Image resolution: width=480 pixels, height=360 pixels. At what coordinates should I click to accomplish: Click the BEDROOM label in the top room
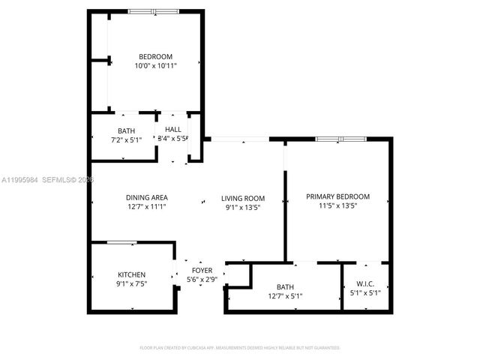pyautogui.click(x=155, y=57)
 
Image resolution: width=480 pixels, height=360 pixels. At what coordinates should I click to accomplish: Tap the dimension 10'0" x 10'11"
pyautogui.click(x=155, y=67)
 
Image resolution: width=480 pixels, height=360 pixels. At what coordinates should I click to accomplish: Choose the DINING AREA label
pyautogui.click(x=146, y=198)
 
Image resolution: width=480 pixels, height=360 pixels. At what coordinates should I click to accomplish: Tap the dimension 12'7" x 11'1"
pyautogui.click(x=146, y=207)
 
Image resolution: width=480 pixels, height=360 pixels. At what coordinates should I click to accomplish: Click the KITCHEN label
pyautogui.click(x=131, y=274)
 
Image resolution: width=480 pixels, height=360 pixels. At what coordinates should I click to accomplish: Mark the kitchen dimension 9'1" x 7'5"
pyautogui.click(x=131, y=283)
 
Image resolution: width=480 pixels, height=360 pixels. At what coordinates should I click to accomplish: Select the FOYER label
pyautogui.click(x=202, y=270)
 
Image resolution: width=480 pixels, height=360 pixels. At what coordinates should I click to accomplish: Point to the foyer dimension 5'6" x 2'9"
pyautogui.click(x=202, y=279)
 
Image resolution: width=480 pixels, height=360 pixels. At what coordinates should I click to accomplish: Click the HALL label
pyautogui.click(x=173, y=129)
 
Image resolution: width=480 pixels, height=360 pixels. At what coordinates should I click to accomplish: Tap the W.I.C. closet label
pyautogui.click(x=365, y=283)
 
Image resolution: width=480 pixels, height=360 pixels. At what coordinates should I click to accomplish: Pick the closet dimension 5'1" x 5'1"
pyautogui.click(x=365, y=292)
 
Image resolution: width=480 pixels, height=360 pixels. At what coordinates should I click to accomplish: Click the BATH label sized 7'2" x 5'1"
pyautogui.click(x=126, y=131)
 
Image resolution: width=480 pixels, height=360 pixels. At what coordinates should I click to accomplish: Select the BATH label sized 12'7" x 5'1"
pyautogui.click(x=285, y=286)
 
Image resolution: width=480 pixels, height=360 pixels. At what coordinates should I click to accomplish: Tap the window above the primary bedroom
pyautogui.click(x=340, y=139)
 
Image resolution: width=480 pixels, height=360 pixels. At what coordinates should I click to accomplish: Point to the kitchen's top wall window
pyautogui.click(x=121, y=242)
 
